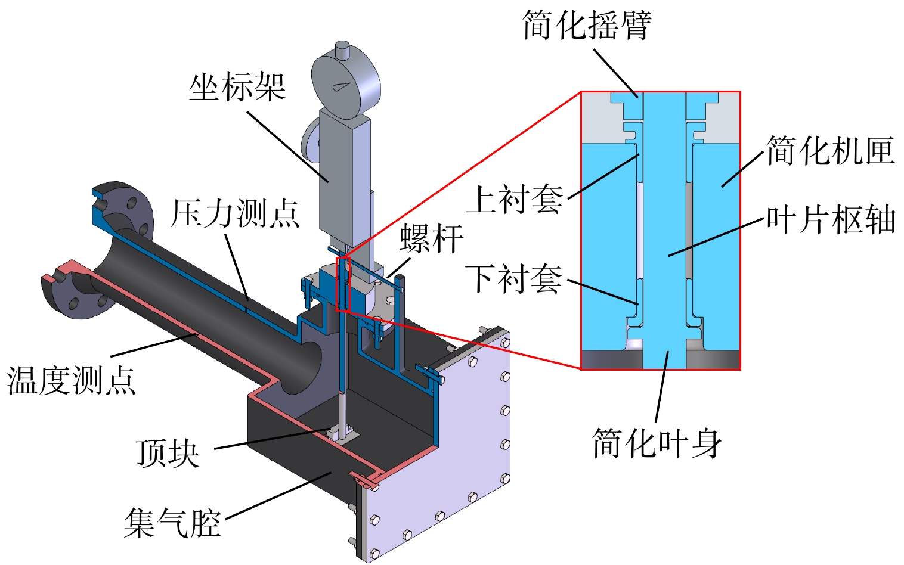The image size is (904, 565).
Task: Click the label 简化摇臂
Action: tap(587, 25)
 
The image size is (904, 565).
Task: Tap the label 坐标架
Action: tap(237, 86)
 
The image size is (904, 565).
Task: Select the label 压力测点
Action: tap(235, 213)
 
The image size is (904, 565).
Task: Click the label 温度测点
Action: tap(71, 380)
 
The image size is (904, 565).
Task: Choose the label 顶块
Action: tap(168, 453)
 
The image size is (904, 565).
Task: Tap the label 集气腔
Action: tap(172, 523)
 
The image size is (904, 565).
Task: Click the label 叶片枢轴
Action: tap(831, 220)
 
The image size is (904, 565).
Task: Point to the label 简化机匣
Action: tap(831, 150)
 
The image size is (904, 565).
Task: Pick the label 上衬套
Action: tap(515, 199)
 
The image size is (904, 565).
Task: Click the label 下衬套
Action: tap(513, 279)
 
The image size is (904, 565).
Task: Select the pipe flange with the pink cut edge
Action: tap(77, 288)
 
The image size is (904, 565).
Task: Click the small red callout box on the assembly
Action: tap(343, 284)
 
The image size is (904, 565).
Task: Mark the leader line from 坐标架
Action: tap(288, 147)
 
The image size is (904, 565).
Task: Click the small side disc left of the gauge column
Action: tap(310, 138)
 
